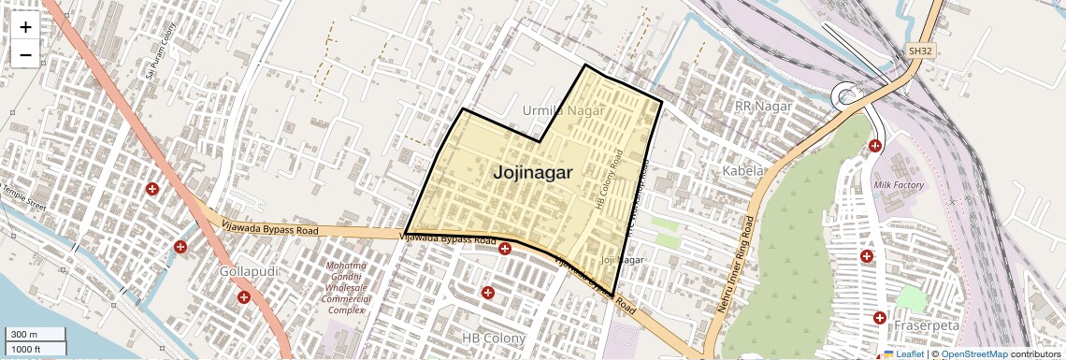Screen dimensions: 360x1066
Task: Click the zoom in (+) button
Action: point(25,27)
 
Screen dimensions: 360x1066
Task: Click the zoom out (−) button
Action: point(25,54)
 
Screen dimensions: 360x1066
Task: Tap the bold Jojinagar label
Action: point(532,173)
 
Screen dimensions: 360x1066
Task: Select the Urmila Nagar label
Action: point(564,110)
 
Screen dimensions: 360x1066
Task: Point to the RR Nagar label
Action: point(763,107)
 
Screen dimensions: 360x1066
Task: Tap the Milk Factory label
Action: point(899,185)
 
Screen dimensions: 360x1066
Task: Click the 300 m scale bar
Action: point(35,335)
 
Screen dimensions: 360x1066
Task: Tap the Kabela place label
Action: point(744,171)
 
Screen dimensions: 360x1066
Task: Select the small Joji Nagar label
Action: point(624,260)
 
